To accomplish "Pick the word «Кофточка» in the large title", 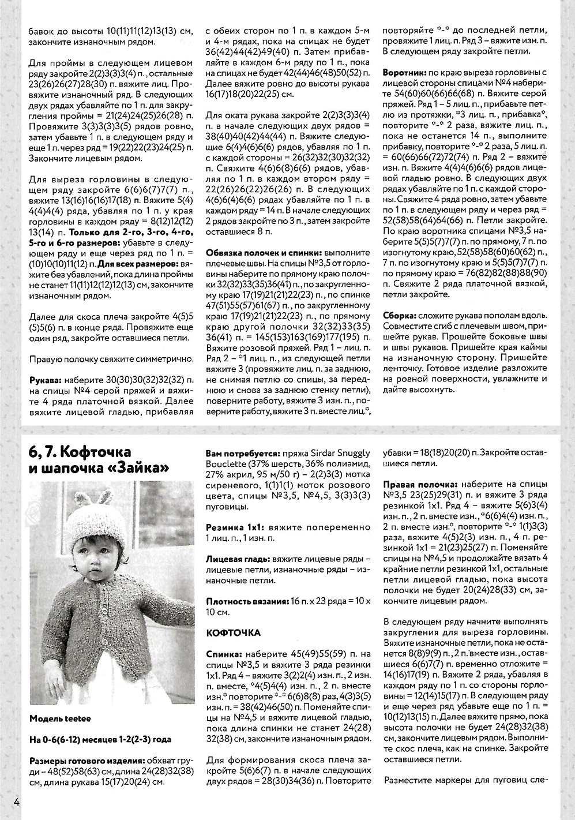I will click(95, 451).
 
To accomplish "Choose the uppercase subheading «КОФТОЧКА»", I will click(234, 632).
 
